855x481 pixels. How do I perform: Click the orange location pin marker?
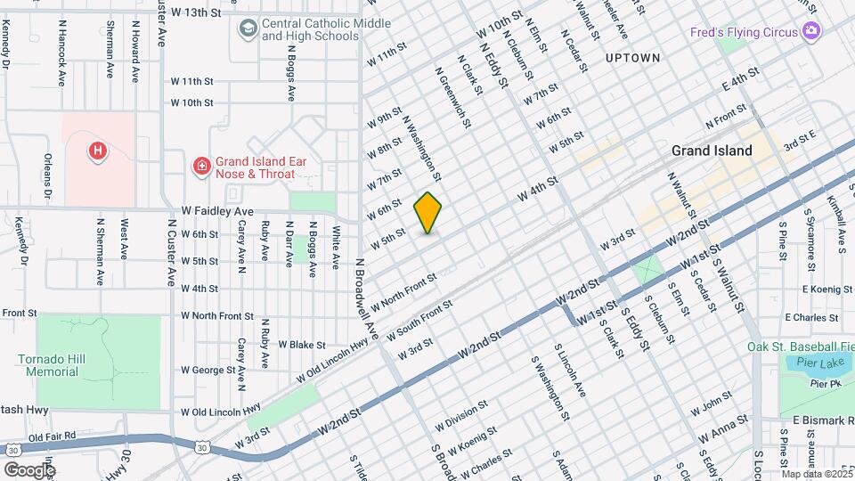point(428,213)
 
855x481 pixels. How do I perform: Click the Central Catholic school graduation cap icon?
point(247,29)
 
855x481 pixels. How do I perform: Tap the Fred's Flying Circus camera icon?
point(811,32)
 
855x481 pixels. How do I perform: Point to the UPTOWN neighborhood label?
point(632,58)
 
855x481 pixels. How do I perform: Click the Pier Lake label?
point(808,363)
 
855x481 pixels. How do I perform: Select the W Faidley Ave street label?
point(217,211)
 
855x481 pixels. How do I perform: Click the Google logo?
point(30,469)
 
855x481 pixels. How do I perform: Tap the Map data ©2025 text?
point(816,474)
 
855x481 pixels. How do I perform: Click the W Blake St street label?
point(302,345)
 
